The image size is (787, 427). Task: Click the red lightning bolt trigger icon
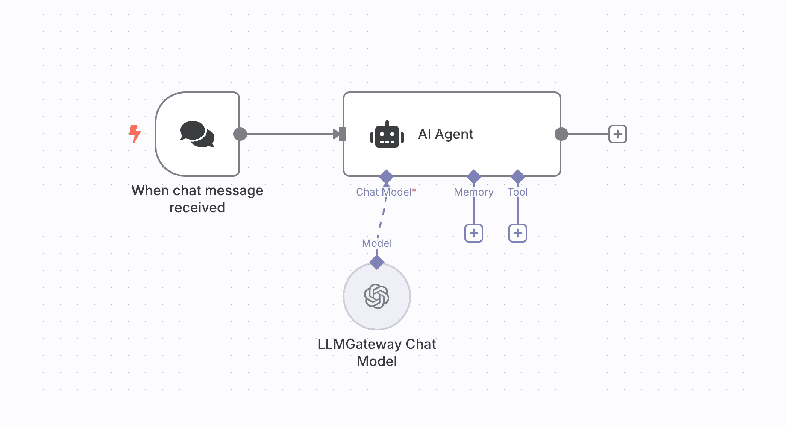135,134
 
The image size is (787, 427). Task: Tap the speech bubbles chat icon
197,134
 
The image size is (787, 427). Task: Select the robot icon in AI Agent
387,135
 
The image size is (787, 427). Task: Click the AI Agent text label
445,134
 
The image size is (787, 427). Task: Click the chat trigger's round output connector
240,134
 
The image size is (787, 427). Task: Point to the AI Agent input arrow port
340,134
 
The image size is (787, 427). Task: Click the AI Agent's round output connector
561,134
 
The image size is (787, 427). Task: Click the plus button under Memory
473,233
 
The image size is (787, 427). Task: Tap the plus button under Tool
517,233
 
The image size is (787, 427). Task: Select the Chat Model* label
386,192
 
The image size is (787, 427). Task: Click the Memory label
473,192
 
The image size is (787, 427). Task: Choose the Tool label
517,192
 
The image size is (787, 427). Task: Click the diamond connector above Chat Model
386,176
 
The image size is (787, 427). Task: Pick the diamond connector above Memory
473,176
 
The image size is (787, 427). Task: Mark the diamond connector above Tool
517,176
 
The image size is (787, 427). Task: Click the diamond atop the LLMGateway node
376,262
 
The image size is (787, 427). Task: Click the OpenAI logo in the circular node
376,296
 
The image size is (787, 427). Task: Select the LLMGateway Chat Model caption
376,352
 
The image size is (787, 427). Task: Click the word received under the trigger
197,208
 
